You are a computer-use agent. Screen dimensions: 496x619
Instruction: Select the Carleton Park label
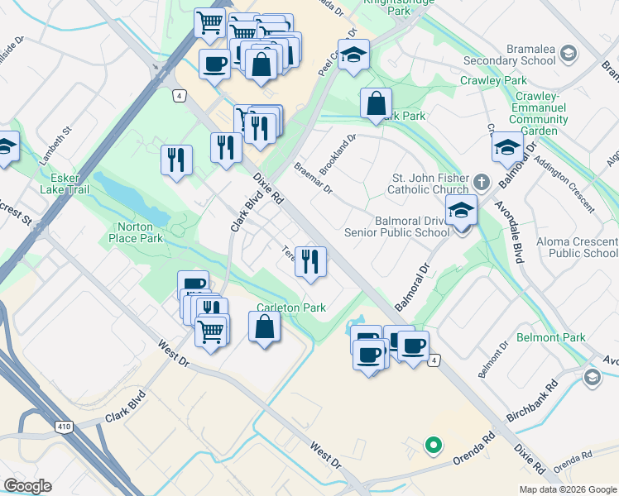(x=290, y=308)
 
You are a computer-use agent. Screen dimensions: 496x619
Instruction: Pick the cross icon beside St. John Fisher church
(x=482, y=179)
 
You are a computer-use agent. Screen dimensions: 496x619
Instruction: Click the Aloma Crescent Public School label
(x=583, y=247)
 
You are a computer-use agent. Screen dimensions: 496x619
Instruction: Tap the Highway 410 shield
(x=63, y=427)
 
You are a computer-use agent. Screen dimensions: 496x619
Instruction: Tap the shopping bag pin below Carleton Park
(x=264, y=327)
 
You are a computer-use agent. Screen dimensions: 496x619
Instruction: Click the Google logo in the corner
(x=27, y=486)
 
